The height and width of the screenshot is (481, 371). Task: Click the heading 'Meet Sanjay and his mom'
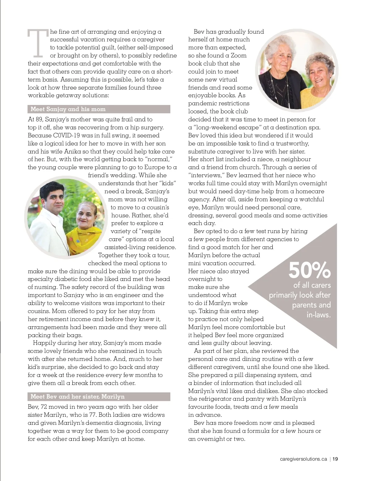[68, 109]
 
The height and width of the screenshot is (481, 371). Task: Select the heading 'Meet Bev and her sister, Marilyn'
[78, 396]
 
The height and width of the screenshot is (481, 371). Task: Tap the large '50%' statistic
[309, 270]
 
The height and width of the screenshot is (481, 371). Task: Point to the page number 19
[335, 459]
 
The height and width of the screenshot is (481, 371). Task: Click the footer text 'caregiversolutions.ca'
[303, 459]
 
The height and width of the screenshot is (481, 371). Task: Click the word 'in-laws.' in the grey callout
[318, 315]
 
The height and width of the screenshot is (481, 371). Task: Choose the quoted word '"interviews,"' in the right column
[206, 175]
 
